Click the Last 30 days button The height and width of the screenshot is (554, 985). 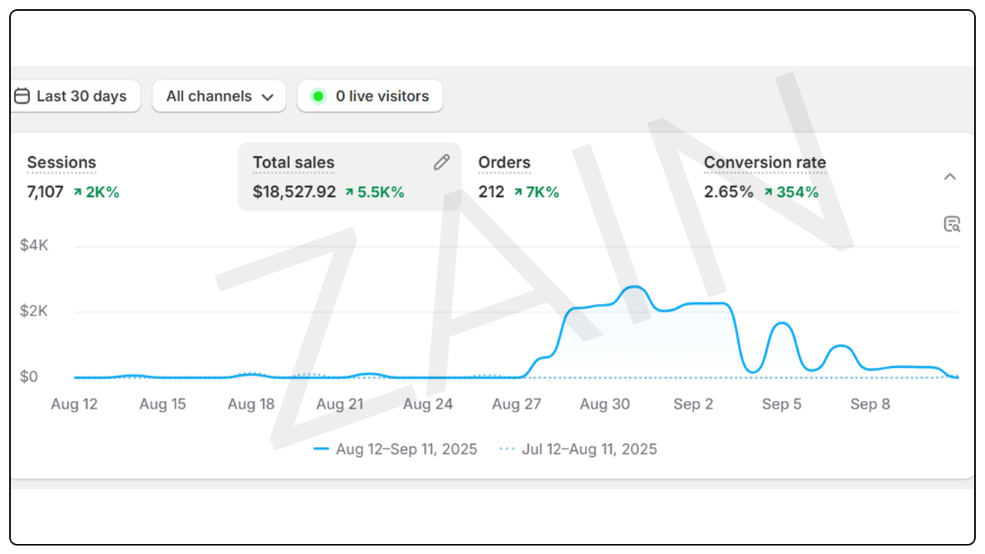coord(75,96)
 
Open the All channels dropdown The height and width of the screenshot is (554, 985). coord(219,96)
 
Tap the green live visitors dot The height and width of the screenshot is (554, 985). coord(318,96)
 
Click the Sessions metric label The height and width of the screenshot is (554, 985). coord(62,162)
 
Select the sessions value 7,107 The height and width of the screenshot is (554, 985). coord(45,192)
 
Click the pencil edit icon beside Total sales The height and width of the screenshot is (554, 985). coord(441,162)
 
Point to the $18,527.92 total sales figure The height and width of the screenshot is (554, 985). coord(294,192)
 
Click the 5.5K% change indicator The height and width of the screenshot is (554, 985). coord(375,192)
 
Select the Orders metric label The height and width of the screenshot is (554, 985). coord(504,162)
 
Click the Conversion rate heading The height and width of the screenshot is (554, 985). coord(764,162)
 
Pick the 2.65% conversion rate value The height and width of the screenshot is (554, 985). coord(728,192)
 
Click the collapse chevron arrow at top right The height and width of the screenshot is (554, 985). coord(950,176)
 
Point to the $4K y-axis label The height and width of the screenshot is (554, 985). coord(34,245)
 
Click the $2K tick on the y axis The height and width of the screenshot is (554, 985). coord(34,311)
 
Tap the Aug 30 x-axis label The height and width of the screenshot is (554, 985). coord(605,404)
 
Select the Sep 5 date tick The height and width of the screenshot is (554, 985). coord(781,404)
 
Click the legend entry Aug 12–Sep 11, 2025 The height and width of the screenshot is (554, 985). coord(397,449)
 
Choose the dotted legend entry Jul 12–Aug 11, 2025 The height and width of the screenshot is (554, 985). coord(579,449)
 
